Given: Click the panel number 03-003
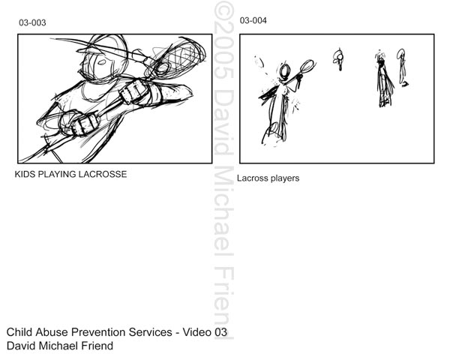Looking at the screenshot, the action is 32,22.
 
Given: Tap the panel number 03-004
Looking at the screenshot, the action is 253,20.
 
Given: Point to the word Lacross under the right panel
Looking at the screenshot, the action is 253,178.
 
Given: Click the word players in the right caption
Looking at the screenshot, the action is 285,178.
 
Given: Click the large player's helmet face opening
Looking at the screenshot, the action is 101,62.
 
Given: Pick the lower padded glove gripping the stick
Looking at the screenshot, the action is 79,124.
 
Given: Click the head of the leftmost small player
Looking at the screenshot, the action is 285,71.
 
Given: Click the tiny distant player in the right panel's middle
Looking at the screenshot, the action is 339,59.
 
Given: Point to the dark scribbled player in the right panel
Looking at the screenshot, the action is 384,79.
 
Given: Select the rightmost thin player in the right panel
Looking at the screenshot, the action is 402,67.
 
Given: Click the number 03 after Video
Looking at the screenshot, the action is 220,332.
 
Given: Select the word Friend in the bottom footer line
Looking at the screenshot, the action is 97,346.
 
